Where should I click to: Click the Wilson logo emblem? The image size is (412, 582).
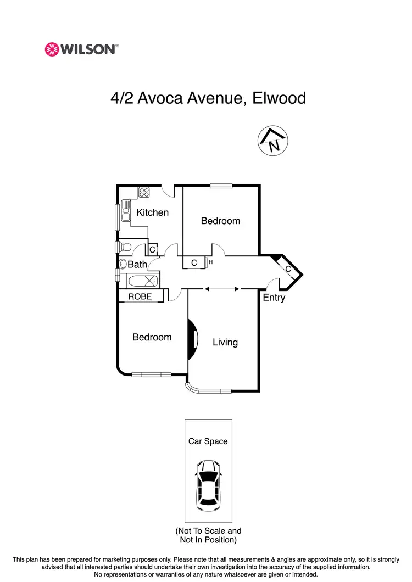tap(52, 49)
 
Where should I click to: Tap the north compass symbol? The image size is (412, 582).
tap(274, 141)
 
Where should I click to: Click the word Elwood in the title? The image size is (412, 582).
tap(279, 98)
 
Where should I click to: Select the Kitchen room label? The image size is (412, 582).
tap(152, 212)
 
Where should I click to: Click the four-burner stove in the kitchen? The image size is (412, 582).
tap(144, 192)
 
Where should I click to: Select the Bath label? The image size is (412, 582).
tap(137, 264)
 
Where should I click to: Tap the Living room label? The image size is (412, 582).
tap(225, 342)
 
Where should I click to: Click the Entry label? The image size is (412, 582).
tap(274, 298)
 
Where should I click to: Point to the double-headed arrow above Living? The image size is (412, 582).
tap(222, 288)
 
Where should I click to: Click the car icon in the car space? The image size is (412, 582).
tap(208, 483)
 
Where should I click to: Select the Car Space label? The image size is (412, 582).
tap(208, 441)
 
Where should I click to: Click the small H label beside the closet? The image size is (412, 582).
tap(210, 262)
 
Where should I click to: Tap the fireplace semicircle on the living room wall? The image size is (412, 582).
tap(192, 340)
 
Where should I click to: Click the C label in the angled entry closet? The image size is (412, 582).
tap(288, 268)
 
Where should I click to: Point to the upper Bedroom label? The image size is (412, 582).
tap(220, 221)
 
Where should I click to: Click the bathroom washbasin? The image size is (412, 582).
tap(123, 264)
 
